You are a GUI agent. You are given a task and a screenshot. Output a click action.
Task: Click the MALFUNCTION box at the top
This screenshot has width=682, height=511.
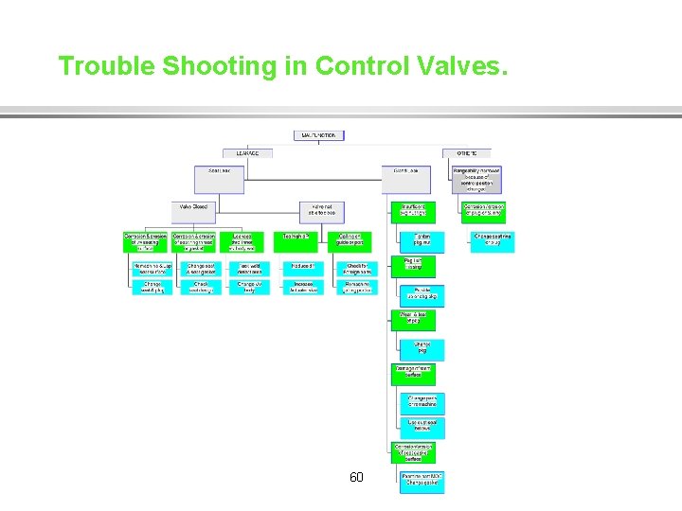[318, 135]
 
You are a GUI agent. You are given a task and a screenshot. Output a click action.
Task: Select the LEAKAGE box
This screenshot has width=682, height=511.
[248, 152]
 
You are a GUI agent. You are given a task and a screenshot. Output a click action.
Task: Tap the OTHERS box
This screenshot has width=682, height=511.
[466, 152]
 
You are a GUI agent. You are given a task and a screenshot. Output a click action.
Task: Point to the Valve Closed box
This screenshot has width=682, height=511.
[193, 207]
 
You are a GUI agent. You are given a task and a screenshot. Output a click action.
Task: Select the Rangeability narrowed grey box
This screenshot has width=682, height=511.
[476, 178]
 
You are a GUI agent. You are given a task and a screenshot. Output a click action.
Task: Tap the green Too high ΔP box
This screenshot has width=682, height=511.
[296, 241]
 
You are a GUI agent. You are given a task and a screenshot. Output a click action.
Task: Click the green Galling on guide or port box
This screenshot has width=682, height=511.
[352, 241]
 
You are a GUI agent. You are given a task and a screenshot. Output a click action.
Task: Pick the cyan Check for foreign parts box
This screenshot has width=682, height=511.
[356, 269]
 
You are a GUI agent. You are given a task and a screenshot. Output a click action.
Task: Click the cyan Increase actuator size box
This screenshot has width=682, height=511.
[303, 287]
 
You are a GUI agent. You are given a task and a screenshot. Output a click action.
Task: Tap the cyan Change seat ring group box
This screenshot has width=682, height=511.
[493, 241]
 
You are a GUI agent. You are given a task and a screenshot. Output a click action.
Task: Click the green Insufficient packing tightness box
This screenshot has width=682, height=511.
[413, 211]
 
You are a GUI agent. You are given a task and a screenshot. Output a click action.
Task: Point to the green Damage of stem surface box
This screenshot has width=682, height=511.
[413, 373]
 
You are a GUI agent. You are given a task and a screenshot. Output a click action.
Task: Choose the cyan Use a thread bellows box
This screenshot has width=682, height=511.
[422, 427]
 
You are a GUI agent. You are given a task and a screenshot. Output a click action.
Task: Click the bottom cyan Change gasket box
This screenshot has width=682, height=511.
[422, 481]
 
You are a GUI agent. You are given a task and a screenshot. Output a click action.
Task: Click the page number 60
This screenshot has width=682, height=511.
[356, 477]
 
